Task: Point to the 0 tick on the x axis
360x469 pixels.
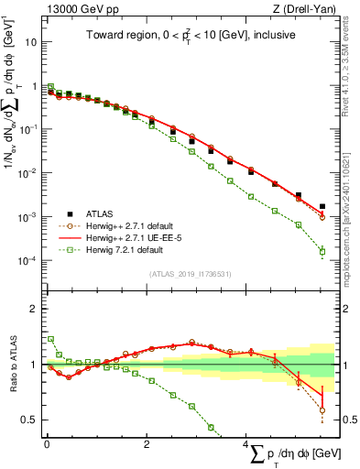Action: [47, 443]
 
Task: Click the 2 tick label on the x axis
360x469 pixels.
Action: [147, 443]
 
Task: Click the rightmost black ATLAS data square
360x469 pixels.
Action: [322, 207]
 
